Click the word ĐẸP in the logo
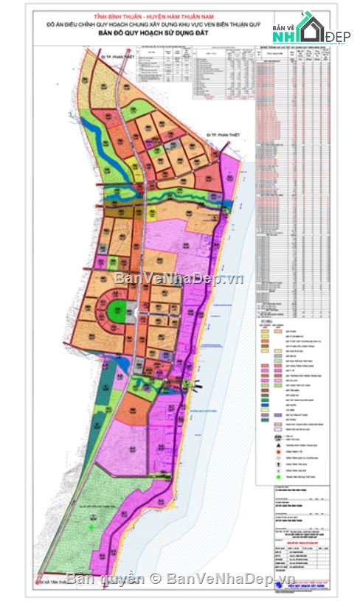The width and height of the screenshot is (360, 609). pyautogui.click(x=339, y=36)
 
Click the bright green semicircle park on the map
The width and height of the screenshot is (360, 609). pyautogui.click(x=116, y=313)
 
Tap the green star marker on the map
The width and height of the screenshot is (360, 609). pyautogui.click(x=91, y=526)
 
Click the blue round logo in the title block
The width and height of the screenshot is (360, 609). pyautogui.click(x=276, y=586)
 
